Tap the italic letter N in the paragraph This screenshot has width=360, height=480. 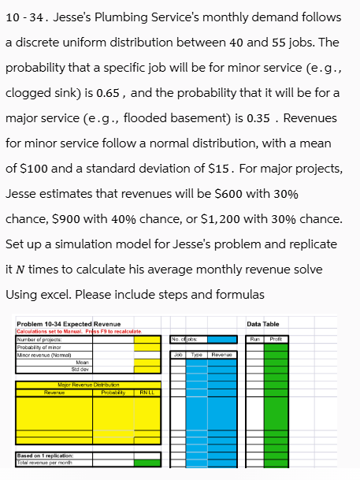[x=19, y=270]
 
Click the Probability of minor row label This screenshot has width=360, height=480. [x=38, y=344]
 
